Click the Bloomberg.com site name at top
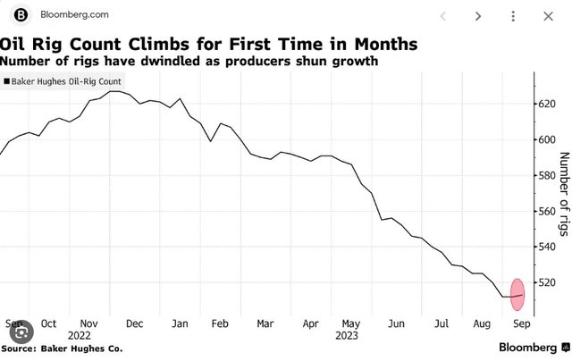tap(73, 15)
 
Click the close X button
tap(548, 15)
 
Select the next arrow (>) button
tap(478, 15)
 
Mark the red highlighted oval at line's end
tap(517, 296)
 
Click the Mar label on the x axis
tap(265, 323)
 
